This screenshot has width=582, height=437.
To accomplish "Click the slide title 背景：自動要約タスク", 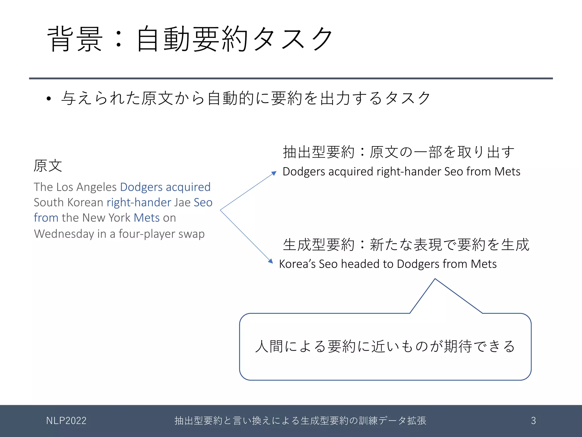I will (x=190, y=39).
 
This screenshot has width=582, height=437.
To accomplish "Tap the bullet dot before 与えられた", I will (x=49, y=99).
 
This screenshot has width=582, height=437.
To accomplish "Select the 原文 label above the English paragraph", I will (x=48, y=166).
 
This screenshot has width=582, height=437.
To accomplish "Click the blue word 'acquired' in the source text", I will (x=188, y=187).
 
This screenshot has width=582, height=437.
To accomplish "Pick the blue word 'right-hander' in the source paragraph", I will (x=139, y=203).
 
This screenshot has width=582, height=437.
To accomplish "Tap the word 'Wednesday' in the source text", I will (x=64, y=234).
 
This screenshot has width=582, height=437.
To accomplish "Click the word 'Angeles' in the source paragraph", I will (x=96, y=187).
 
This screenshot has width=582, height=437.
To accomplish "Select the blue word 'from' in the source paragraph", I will (x=46, y=218).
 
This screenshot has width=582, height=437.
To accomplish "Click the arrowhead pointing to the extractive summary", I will (x=274, y=173).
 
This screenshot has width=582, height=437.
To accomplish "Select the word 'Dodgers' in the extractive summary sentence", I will (x=304, y=172).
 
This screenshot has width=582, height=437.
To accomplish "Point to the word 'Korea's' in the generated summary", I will (x=297, y=264).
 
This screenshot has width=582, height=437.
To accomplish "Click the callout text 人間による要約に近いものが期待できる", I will (x=385, y=347).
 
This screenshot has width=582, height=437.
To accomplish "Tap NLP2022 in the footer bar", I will (x=66, y=420).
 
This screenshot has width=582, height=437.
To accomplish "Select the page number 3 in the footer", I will (x=533, y=420).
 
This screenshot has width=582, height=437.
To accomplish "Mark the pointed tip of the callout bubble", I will (x=435, y=279).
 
